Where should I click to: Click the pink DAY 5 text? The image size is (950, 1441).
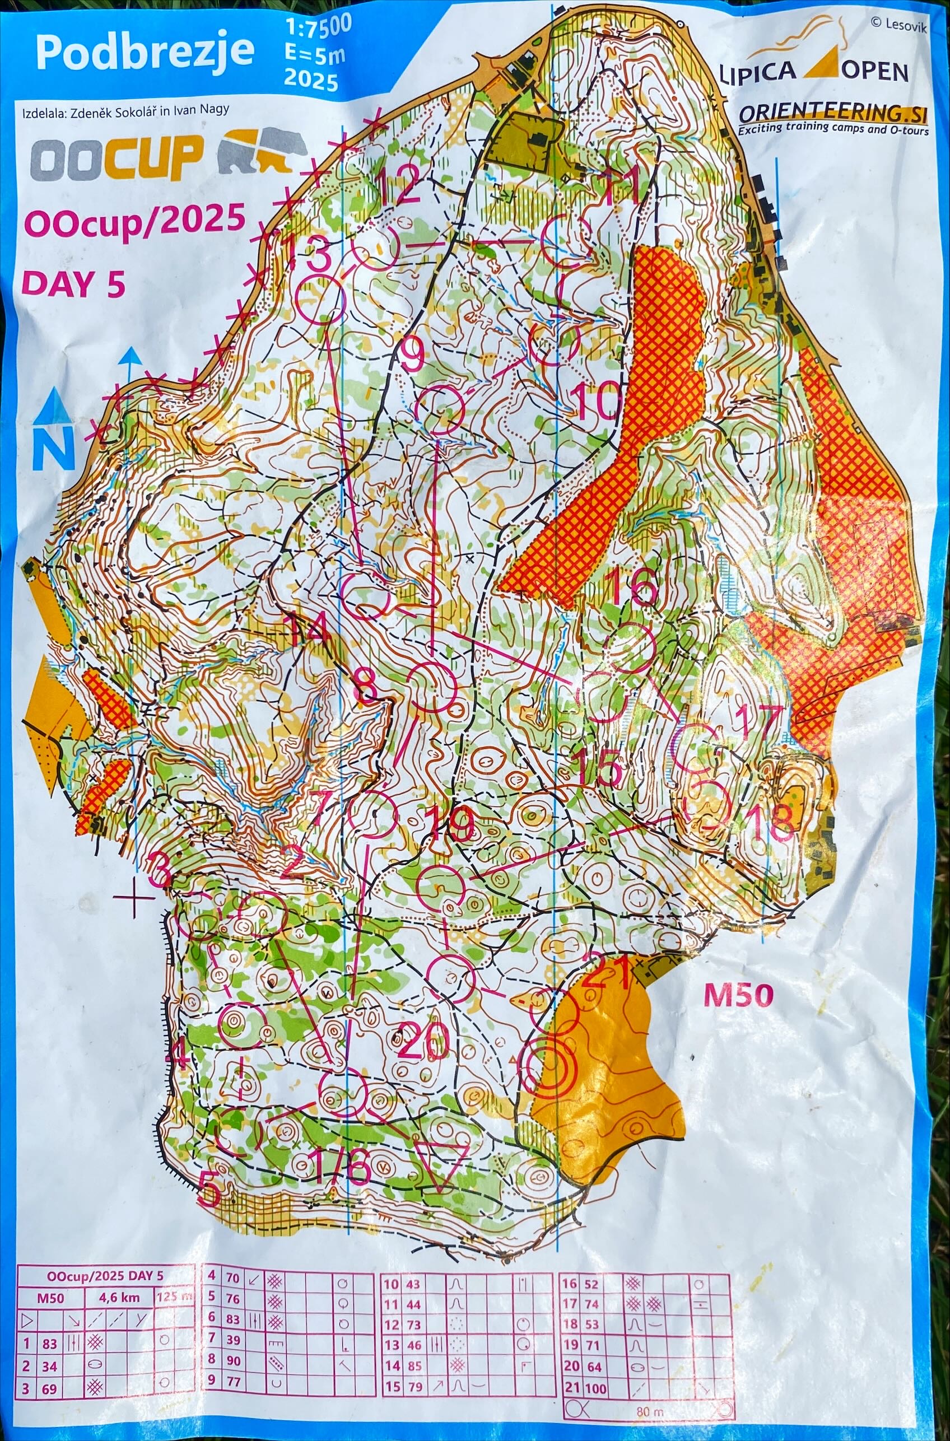(x=73, y=283)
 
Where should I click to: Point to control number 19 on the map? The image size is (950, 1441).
(x=448, y=822)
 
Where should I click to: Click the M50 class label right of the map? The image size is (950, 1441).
(x=738, y=996)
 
